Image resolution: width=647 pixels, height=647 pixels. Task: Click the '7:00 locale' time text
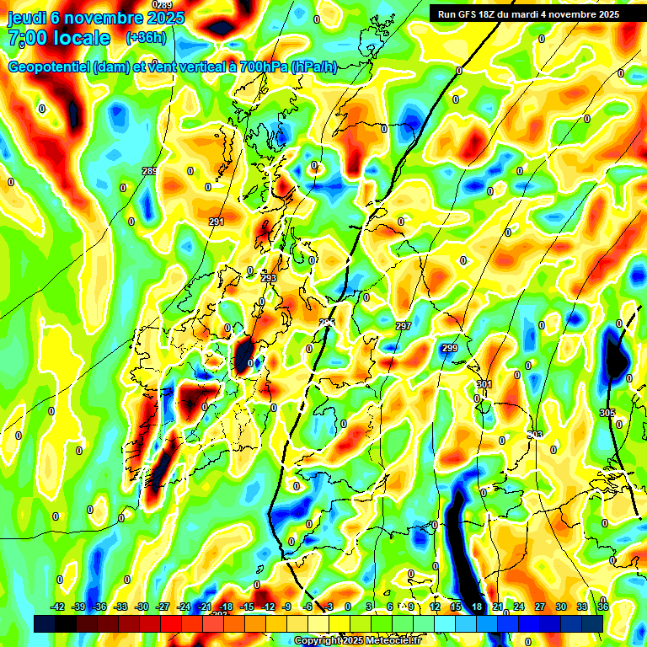[x=59, y=38]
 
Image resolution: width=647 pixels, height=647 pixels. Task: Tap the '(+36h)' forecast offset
[x=145, y=38]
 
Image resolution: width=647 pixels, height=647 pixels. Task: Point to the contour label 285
[x=150, y=171]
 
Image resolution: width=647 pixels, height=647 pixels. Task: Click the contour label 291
[x=217, y=222]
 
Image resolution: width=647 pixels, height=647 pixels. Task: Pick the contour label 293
[x=269, y=278]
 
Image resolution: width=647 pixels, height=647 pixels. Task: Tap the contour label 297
[x=403, y=326]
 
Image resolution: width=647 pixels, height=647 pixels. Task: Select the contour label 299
[x=449, y=348]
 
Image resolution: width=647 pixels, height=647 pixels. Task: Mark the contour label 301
[x=484, y=384]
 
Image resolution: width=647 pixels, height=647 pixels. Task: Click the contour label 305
[x=607, y=412]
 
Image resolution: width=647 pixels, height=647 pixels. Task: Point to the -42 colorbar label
[x=58, y=607]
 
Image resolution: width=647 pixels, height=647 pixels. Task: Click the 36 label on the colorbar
[x=603, y=607]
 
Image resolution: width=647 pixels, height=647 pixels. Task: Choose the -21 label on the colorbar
[x=205, y=607]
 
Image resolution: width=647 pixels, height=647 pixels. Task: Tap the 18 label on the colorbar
[x=477, y=607]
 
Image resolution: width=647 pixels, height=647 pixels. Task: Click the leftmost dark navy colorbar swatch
[x=45, y=623]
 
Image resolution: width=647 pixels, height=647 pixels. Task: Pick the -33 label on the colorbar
[x=121, y=607]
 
